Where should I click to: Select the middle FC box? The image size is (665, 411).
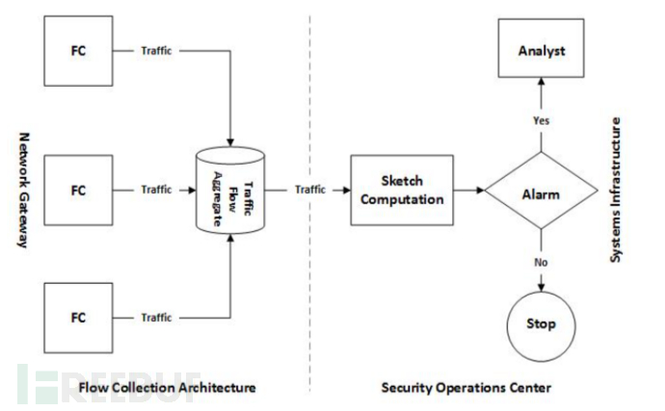click(x=78, y=190)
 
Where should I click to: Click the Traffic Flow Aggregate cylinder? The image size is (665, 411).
click(x=229, y=189)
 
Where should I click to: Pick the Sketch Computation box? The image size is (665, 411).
click(x=401, y=189)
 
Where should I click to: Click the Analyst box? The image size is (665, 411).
click(x=541, y=49)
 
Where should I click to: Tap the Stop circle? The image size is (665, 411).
click(x=540, y=323)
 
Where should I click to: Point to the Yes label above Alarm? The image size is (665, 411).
click(x=541, y=120)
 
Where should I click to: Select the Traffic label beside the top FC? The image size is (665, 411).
click(x=156, y=51)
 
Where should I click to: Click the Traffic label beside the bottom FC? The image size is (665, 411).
click(x=156, y=318)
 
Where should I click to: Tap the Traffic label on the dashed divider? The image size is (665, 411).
click(x=310, y=190)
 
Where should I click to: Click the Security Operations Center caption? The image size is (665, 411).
click(x=465, y=387)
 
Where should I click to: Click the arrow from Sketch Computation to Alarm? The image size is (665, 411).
click(x=466, y=191)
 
